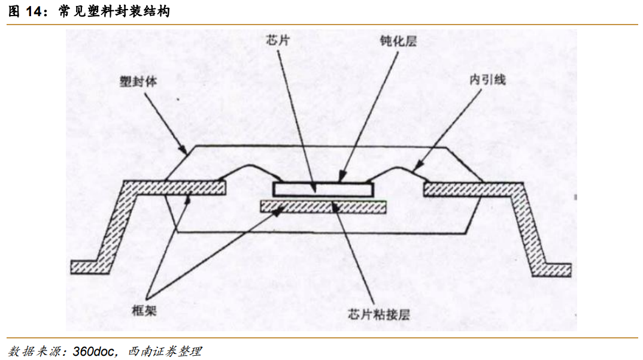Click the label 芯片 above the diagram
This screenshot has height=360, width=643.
tap(278, 41)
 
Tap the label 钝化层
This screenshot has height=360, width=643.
tap(398, 42)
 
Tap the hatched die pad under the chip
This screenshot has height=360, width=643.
tap(323, 207)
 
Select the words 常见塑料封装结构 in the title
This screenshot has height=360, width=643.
tap(114, 11)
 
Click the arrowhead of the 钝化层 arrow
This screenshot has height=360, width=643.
tap(341, 179)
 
